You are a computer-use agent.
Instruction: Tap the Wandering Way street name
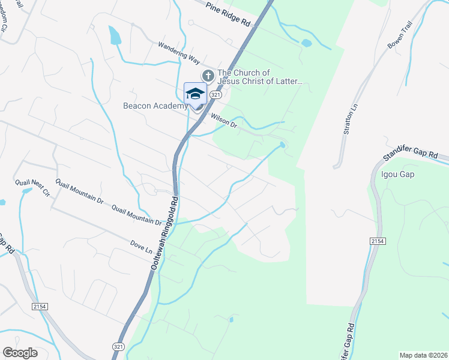[x=178, y=53]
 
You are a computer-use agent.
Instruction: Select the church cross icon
[x=208, y=76]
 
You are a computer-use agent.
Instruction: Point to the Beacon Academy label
[x=155, y=106]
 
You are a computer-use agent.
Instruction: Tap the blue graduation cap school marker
[x=195, y=94]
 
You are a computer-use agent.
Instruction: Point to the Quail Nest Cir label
[x=32, y=187]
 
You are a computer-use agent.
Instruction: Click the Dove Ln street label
[x=142, y=247]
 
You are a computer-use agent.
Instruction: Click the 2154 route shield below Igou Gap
[x=377, y=241]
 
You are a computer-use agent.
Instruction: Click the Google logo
[x=20, y=353]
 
